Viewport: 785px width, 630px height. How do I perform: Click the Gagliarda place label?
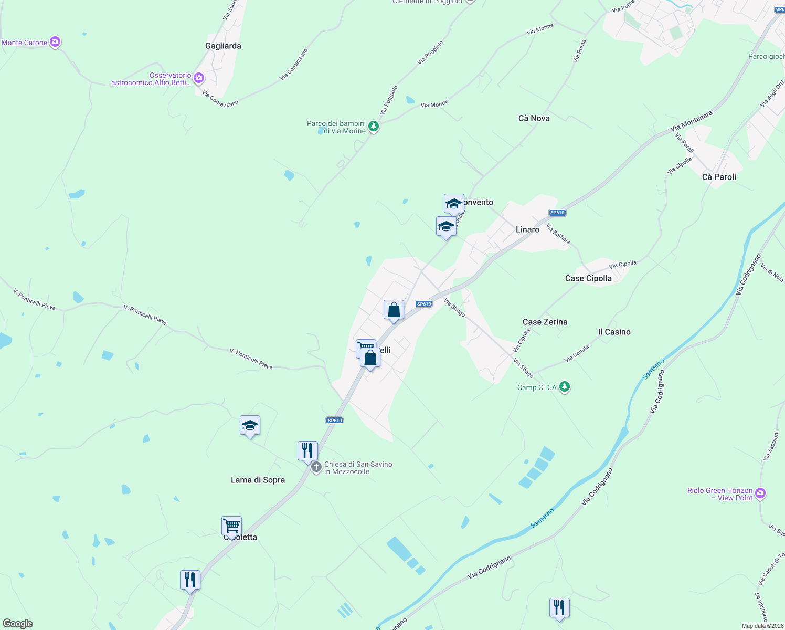click(x=223, y=46)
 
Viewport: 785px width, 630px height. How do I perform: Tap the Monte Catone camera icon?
click(x=55, y=42)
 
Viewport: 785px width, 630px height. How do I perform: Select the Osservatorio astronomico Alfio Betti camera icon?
click(x=198, y=78)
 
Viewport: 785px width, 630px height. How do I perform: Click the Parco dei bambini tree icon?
click(x=373, y=126)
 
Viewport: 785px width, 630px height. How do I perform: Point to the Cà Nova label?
click(x=534, y=118)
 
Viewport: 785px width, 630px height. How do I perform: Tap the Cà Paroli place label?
click(x=719, y=177)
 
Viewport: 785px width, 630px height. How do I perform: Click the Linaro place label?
click(x=527, y=229)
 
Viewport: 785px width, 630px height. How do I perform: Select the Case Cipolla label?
click(x=588, y=278)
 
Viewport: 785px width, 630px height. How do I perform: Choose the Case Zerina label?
click(x=545, y=322)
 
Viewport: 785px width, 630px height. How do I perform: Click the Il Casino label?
click(x=614, y=332)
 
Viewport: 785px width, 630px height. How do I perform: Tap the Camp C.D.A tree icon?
click(x=565, y=387)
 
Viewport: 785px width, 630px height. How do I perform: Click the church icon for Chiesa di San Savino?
click(x=316, y=467)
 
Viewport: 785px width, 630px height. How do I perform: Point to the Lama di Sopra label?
click(x=258, y=480)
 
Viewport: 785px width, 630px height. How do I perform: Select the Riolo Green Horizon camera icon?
click(x=761, y=493)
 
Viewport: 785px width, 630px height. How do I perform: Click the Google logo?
click(x=18, y=624)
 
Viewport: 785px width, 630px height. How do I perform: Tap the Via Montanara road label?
click(x=691, y=121)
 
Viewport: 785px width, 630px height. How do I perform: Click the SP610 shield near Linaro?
click(x=557, y=213)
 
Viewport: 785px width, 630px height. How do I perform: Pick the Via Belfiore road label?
click(x=558, y=234)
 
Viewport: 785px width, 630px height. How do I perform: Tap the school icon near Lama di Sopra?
click(x=250, y=426)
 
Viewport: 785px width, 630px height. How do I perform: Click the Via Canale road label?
click(x=576, y=354)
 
